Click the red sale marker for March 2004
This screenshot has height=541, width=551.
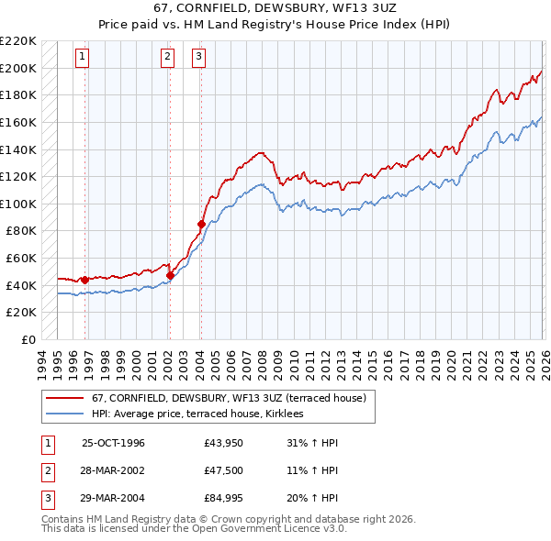tap(200, 223)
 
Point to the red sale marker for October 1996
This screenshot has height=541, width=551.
tap(84, 280)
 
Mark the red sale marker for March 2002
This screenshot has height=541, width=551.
tap(170, 274)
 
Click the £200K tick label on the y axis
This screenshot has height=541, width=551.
tap(18, 68)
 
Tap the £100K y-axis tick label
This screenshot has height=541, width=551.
tap(18, 204)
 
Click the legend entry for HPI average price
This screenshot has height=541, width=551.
tap(203, 414)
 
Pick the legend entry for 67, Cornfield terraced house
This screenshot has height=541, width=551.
tap(229, 398)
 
